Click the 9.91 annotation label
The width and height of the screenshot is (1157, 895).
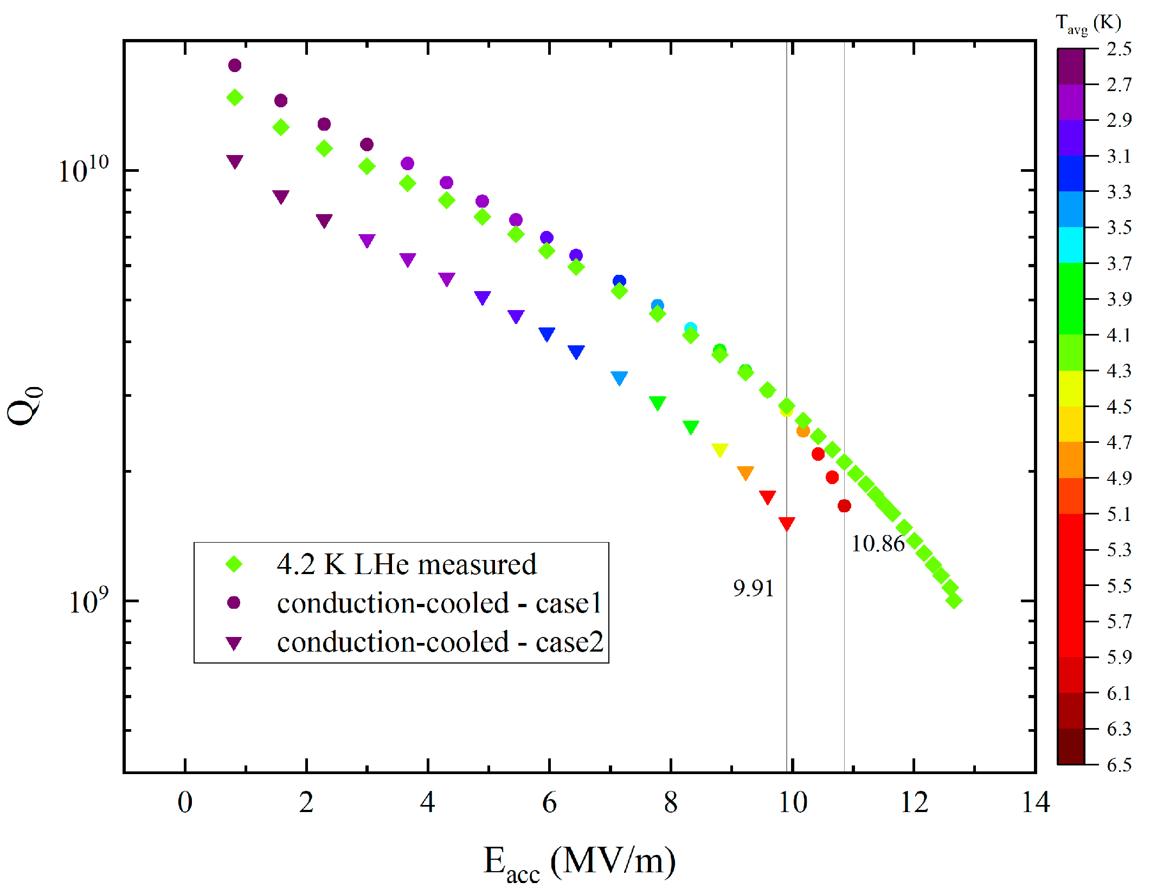pyautogui.click(x=753, y=588)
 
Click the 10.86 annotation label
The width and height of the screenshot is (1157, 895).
pyautogui.click(x=877, y=544)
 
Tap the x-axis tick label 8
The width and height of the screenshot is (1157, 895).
pyautogui.click(x=671, y=803)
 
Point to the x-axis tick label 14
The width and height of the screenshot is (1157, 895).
pyautogui.click(x=1035, y=803)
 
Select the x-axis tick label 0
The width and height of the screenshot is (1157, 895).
pyautogui.click(x=185, y=803)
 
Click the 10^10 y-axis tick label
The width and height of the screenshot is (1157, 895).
pyautogui.click(x=83, y=170)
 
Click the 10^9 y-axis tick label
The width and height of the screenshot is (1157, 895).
pyautogui.click(x=88, y=601)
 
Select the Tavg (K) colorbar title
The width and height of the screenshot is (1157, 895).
pyautogui.click(x=1088, y=24)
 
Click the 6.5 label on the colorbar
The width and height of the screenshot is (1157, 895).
pyautogui.click(x=1119, y=765)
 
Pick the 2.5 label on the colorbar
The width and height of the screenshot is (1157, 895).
pyautogui.click(x=1119, y=49)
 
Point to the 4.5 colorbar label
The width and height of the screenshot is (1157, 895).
pyautogui.click(x=1119, y=407)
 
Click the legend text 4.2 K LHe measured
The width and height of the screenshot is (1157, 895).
pyautogui.click(x=407, y=564)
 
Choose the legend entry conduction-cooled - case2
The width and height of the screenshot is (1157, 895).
pyautogui.click(x=440, y=642)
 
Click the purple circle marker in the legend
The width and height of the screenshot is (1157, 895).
pyautogui.click(x=234, y=603)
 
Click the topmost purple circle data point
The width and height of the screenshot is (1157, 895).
pyautogui.click(x=235, y=66)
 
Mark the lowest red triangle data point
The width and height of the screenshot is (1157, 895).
pyautogui.click(x=787, y=523)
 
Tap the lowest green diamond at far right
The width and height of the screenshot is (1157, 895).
pyautogui.click(x=954, y=600)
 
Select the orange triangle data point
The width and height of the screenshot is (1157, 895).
pyautogui.click(x=745, y=472)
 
